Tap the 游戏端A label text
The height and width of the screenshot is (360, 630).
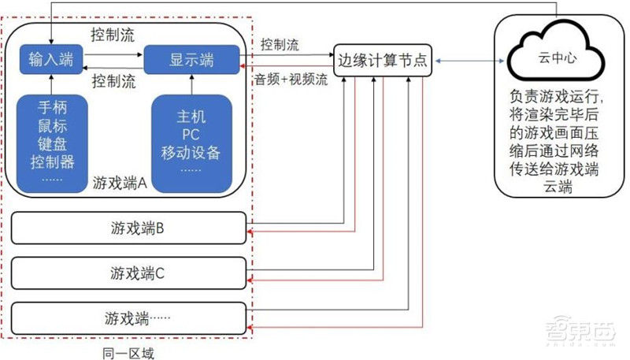coord(120,182)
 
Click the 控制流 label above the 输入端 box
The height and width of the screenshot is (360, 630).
coord(113,35)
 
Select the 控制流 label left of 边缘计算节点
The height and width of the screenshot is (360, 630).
coord(280,45)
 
